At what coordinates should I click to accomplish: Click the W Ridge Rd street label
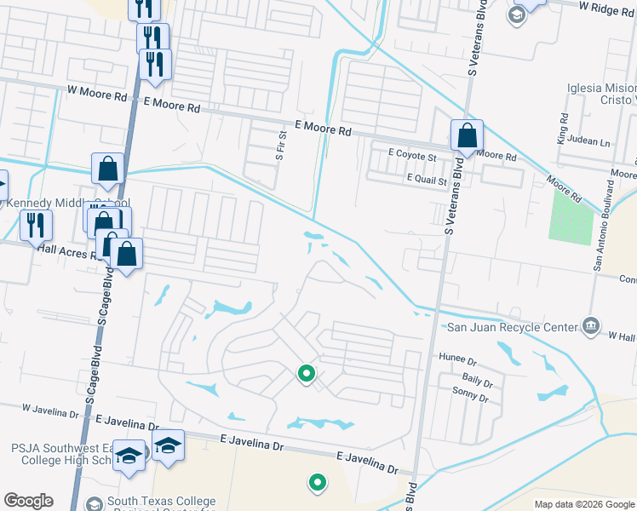tap(607, 6)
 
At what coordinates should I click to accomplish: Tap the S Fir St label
tap(279, 146)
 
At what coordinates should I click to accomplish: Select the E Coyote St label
tap(411, 157)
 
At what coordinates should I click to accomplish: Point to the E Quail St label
tap(428, 179)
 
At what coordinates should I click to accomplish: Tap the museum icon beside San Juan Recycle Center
tap(590, 324)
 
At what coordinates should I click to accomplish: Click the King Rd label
tap(562, 129)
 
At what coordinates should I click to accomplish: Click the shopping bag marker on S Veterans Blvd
tap(468, 135)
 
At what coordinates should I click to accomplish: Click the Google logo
tap(28, 501)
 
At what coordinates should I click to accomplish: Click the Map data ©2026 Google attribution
tap(583, 504)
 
